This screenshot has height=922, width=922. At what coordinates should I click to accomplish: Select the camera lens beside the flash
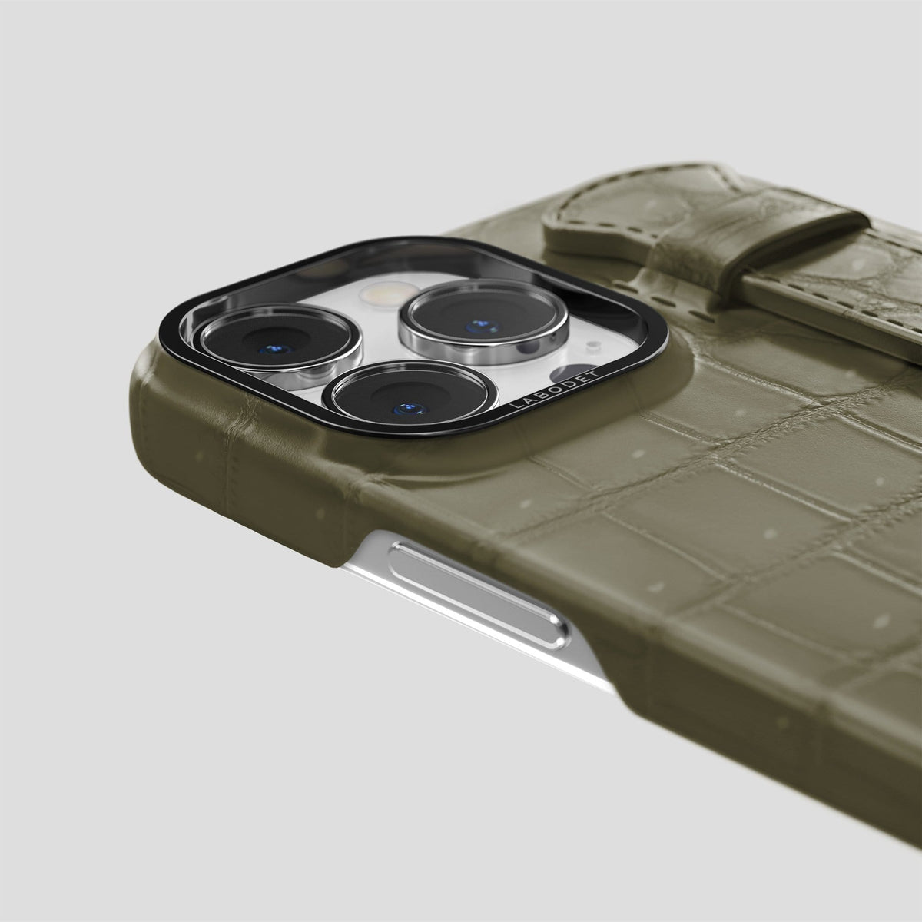(x=484, y=318)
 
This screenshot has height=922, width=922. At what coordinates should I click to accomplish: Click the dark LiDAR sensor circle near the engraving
(x=569, y=373)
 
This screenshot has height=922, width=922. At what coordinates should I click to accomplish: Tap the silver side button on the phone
(x=479, y=595)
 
